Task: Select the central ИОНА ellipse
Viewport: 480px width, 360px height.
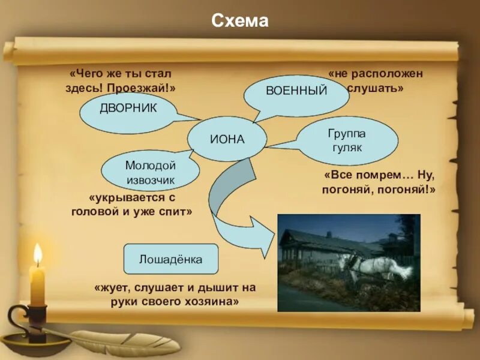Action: click(x=227, y=139)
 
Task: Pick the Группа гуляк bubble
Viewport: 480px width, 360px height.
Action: click(x=347, y=140)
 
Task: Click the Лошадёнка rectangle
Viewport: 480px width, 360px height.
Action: click(x=170, y=260)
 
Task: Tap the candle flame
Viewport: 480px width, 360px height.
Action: click(x=38, y=255)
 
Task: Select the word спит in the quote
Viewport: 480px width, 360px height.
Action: click(x=180, y=212)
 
